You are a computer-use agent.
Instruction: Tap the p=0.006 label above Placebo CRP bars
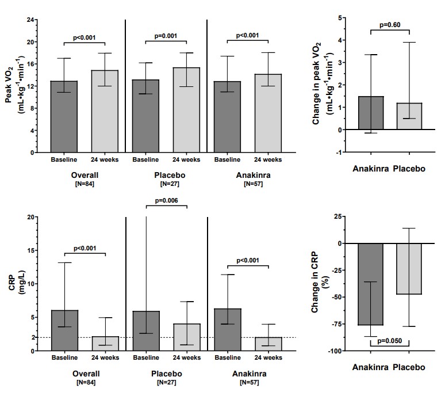[166, 200]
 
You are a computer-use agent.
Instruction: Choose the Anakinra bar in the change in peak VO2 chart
[371, 113]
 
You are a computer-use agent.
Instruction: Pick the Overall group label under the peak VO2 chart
[85, 174]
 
